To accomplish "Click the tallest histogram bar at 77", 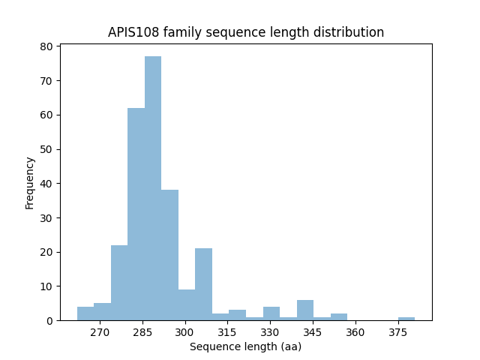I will point(153,188).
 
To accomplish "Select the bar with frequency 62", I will point(136,214).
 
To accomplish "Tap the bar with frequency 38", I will point(169,255).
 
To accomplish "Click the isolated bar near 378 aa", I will point(406,319).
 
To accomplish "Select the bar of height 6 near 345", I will point(305,310).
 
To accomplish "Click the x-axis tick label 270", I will point(100,332).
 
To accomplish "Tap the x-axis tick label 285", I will point(143,332).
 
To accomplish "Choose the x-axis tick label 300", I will point(185,332).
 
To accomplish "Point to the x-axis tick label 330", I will point(270,332).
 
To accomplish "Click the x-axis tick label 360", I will point(355,332).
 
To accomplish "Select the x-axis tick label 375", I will point(397,332).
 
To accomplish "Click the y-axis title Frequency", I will point(30,182).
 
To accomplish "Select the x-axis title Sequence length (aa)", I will point(245,346).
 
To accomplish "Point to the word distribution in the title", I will point(352,32).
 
